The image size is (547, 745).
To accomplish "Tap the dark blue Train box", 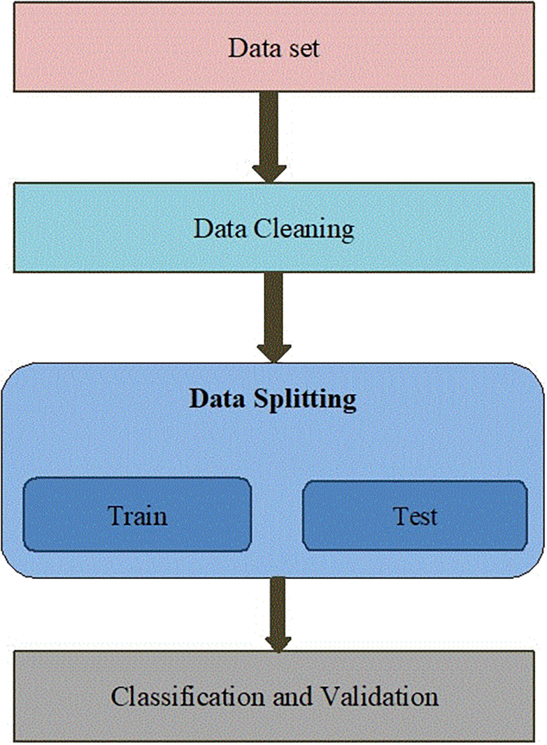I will tap(138, 515).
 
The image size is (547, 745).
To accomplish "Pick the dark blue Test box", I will tap(415, 515).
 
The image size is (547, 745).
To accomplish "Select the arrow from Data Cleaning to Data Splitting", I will tap(273, 316).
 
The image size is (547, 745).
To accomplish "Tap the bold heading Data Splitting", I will tap(273, 399).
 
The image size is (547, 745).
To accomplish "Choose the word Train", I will tap(138, 515).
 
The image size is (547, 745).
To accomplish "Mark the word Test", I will tap(415, 515).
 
